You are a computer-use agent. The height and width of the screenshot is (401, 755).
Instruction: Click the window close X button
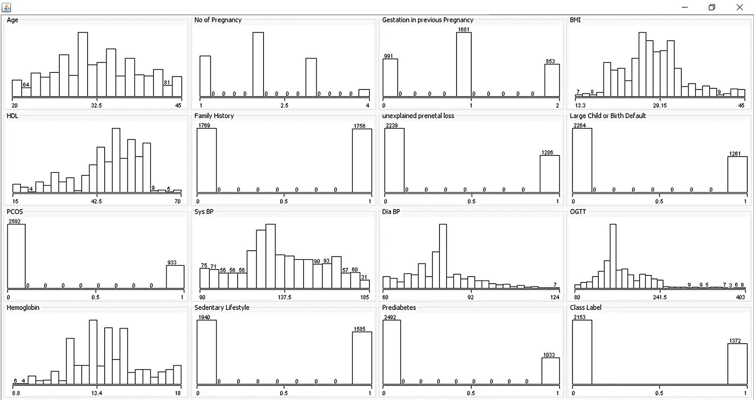point(739,7)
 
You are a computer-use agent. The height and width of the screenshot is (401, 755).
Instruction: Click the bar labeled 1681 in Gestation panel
point(464,64)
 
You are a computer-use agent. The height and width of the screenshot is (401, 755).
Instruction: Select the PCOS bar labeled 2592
point(16,256)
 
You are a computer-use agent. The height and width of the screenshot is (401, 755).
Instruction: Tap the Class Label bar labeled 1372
point(737,364)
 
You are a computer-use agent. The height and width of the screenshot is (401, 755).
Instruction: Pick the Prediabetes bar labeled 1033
point(550,371)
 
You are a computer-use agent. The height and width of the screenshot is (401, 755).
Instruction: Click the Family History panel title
point(214,116)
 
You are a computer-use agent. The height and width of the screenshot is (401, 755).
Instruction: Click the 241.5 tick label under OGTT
point(660,297)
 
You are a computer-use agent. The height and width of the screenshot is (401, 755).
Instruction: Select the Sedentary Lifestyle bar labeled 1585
point(362,358)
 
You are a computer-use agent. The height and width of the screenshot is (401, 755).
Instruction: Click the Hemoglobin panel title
point(23,308)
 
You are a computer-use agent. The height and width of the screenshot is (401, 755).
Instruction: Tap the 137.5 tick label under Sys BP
point(284,297)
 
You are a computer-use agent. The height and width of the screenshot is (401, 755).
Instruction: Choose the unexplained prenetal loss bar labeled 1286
point(550,174)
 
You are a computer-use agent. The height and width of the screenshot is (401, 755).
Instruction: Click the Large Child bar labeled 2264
point(582,160)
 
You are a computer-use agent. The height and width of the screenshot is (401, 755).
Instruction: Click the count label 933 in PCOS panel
point(172,262)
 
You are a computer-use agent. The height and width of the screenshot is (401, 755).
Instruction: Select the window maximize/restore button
point(712,7)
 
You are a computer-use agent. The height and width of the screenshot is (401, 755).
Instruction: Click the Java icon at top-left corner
point(6,7)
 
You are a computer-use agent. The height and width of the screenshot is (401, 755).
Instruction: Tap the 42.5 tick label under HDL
point(96,201)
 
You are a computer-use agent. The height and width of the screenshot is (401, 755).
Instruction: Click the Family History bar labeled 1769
point(207,160)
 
